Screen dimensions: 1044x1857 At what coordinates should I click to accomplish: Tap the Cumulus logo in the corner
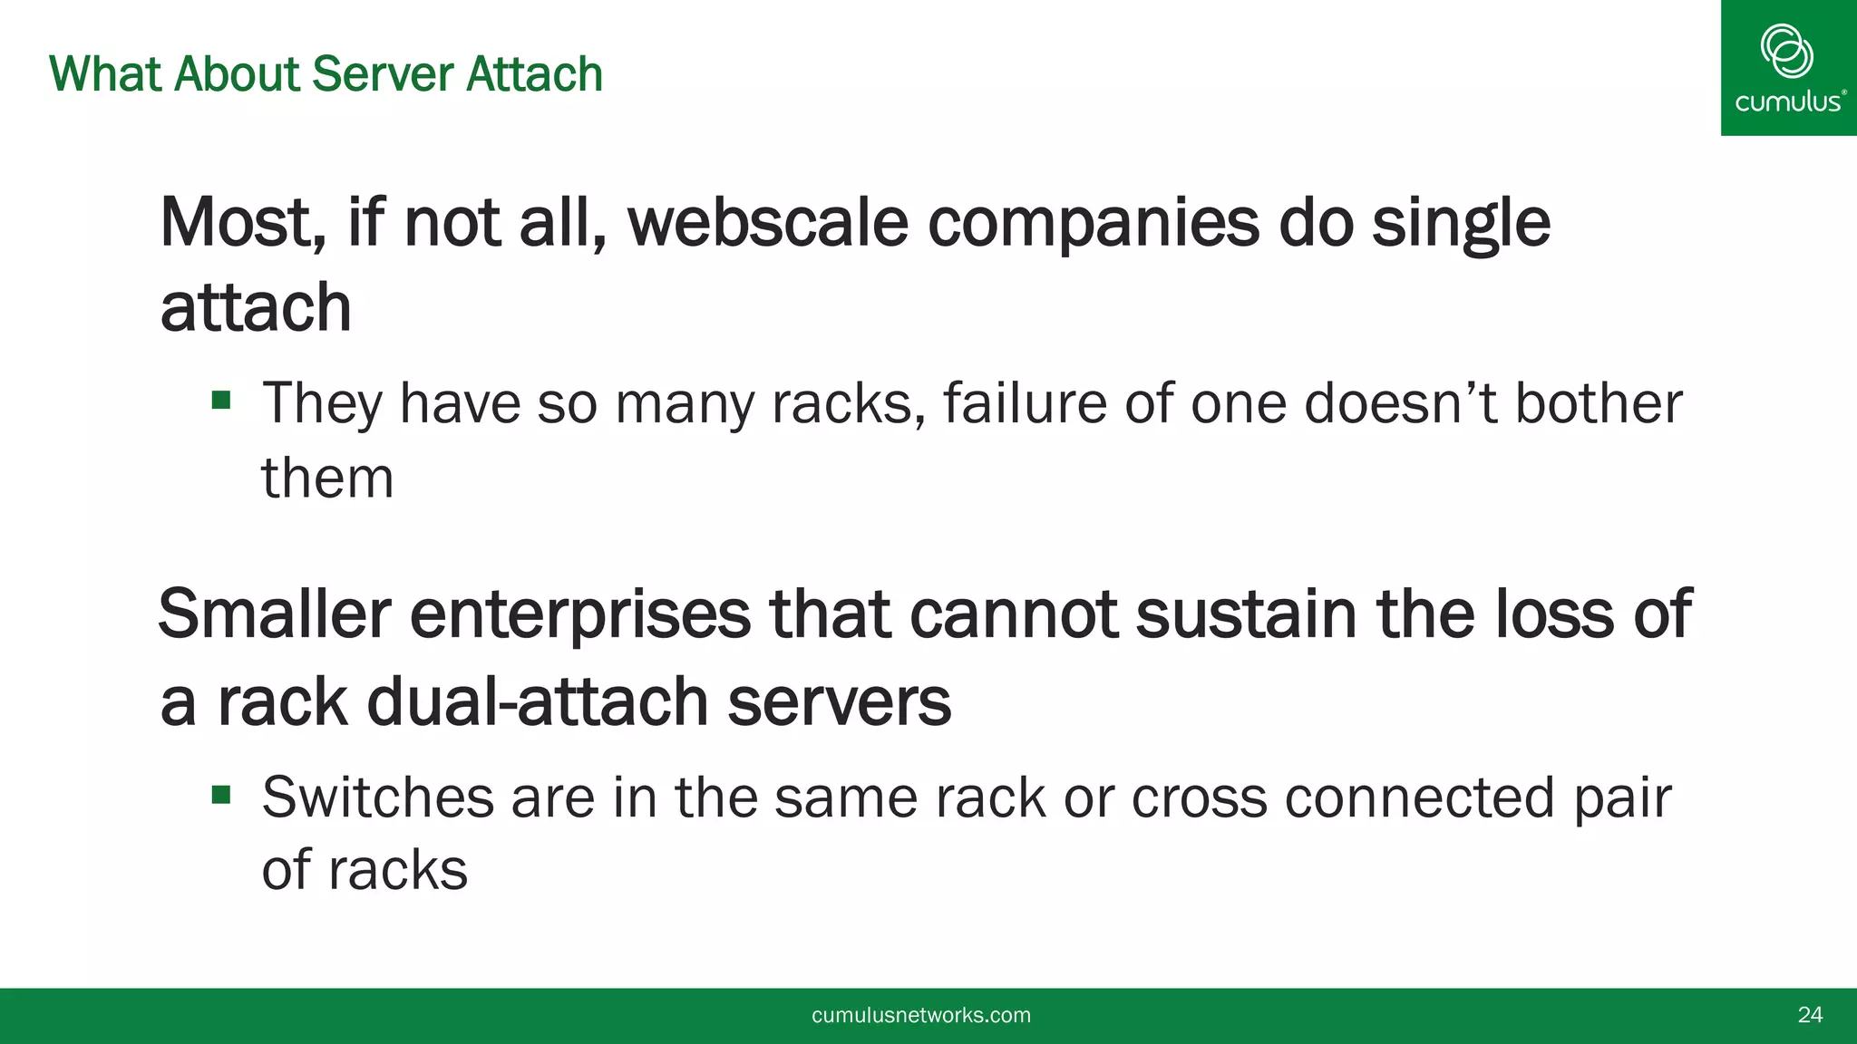tap(1788, 68)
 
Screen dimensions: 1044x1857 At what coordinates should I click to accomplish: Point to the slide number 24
tap(1810, 1015)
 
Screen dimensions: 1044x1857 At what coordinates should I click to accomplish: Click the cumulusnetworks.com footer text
tap(920, 1015)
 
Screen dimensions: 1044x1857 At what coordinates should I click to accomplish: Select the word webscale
tap(767, 223)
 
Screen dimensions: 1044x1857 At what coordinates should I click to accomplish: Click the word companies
tap(1093, 223)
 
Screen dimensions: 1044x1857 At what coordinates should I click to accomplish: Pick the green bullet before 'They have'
tap(221, 400)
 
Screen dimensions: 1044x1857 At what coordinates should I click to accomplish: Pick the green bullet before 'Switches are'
tap(221, 795)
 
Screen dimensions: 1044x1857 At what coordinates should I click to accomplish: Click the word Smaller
tap(274, 614)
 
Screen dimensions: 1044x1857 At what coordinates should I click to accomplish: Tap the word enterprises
tap(580, 614)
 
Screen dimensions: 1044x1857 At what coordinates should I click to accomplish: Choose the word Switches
tap(377, 797)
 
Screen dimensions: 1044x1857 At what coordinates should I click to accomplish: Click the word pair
tap(1621, 797)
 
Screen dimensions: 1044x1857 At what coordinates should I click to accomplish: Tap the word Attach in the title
tap(534, 74)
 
